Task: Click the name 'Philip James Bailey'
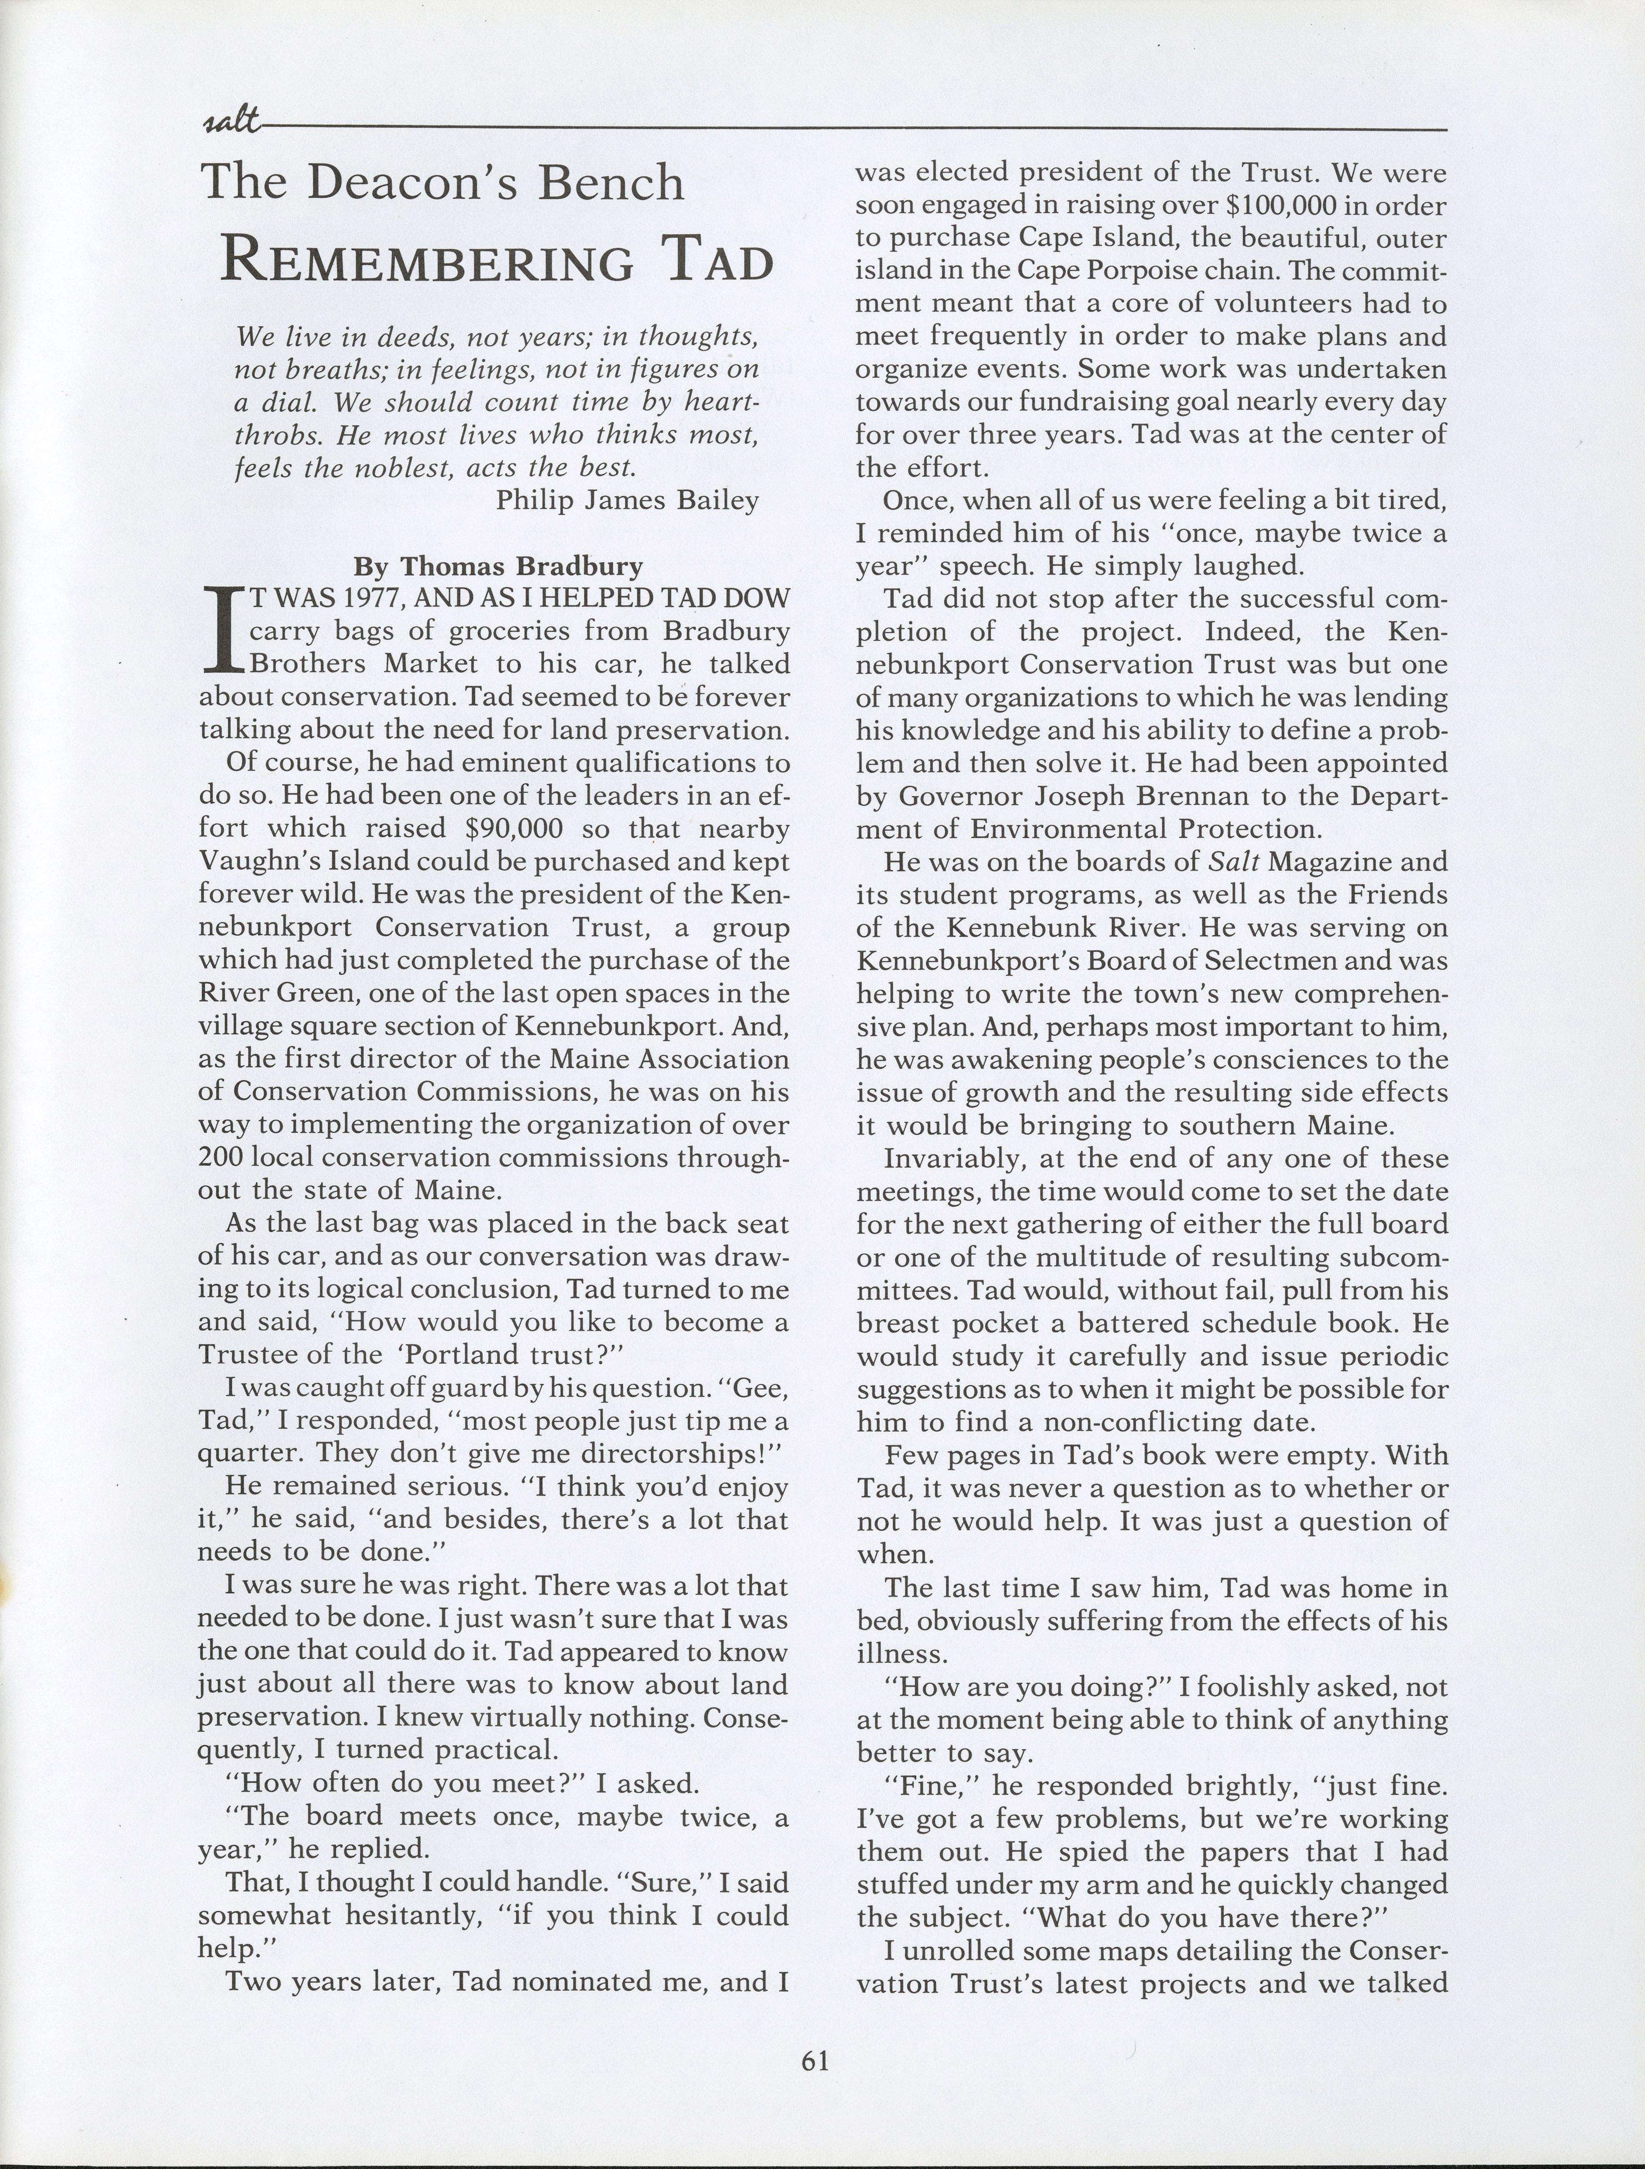tap(627, 500)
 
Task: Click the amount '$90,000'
tap(514, 829)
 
